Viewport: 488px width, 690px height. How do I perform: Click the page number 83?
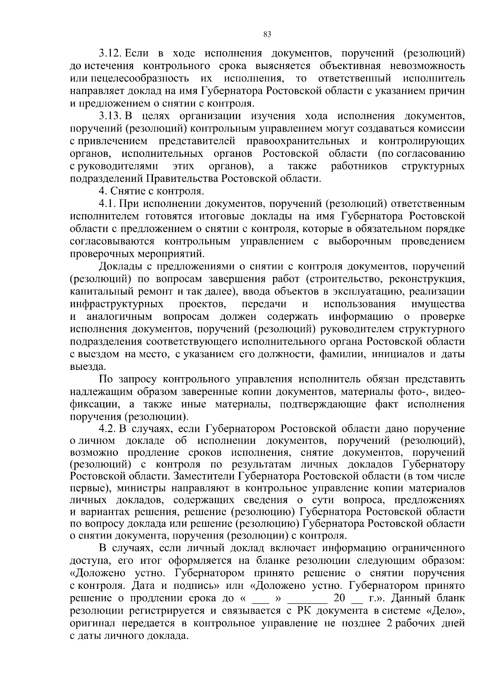coord(267,34)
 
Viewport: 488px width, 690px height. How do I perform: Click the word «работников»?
coord(359,166)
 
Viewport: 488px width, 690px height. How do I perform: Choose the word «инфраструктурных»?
coord(117,304)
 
